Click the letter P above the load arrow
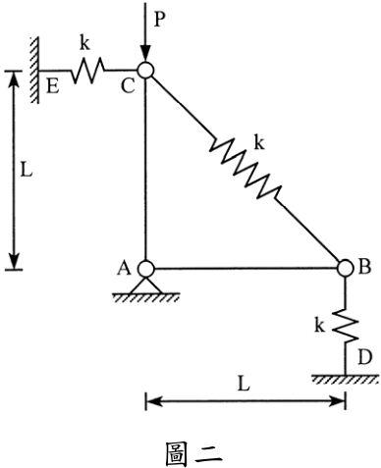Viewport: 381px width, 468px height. point(159,20)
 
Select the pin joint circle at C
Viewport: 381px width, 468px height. point(145,70)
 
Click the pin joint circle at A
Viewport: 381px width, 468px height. point(145,269)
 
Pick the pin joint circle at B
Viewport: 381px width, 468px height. point(346,268)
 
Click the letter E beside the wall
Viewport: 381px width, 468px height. point(53,87)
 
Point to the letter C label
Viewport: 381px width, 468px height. point(128,86)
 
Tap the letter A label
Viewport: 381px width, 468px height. point(125,268)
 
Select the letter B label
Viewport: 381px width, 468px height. point(364,266)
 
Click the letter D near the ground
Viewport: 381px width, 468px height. point(365,357)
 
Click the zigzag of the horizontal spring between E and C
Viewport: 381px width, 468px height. point(87,70)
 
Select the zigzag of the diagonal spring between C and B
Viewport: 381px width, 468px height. point(245,169)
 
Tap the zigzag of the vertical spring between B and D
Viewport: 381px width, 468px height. point(346,325)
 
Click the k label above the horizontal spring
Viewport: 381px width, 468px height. point(84,42)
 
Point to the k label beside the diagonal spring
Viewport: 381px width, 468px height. point(259,142)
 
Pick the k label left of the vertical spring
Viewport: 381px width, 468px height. point(319,325)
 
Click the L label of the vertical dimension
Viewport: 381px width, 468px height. point(27,170)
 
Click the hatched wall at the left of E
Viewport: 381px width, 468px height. point(34,70)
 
